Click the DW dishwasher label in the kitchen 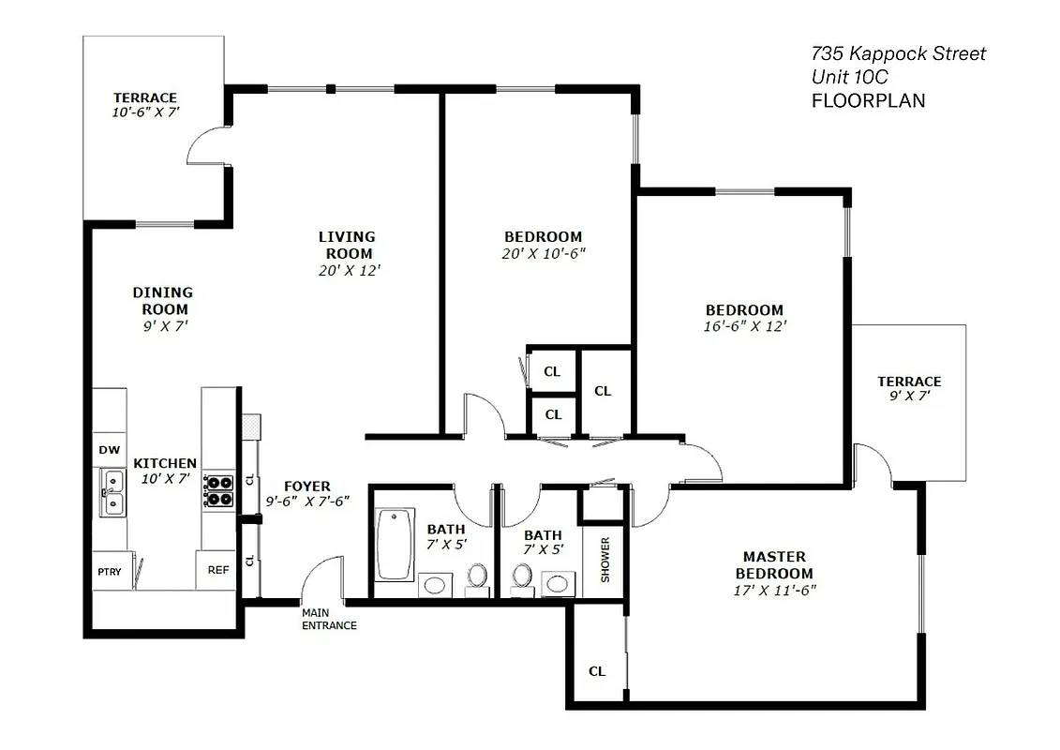110,450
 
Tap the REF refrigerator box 217,569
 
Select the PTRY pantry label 109,571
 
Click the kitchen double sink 112,494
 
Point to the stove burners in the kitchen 219,490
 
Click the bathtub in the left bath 395,545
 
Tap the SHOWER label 605,560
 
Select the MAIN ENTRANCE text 328,619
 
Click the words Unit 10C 849,77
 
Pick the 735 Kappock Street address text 898,53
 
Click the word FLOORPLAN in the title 868,100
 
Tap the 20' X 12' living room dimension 349,270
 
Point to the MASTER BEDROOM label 773,564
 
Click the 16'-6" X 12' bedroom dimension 744,326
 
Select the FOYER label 307,486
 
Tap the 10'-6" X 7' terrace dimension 144,112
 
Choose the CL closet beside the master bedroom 597,671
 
